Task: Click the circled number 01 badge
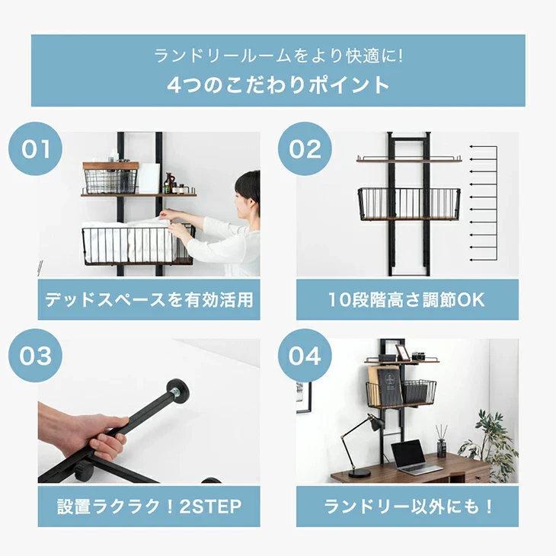(36, 149)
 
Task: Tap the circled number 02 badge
(305, 149)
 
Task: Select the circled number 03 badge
(36, 355)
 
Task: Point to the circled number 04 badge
(305, 355)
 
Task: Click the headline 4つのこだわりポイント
(278, 85)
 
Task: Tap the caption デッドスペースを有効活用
(149, 299)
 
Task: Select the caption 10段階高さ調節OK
(407, 299)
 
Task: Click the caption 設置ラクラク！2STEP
(149, 506)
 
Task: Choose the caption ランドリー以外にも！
(407, 506)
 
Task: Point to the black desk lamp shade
(374, 423)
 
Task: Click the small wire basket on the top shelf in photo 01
(110, 181)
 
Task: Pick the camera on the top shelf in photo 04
(418, 356)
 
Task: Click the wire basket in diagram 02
(409, 204)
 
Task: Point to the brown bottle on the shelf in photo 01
(169, 183)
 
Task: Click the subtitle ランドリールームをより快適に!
(278, 56)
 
